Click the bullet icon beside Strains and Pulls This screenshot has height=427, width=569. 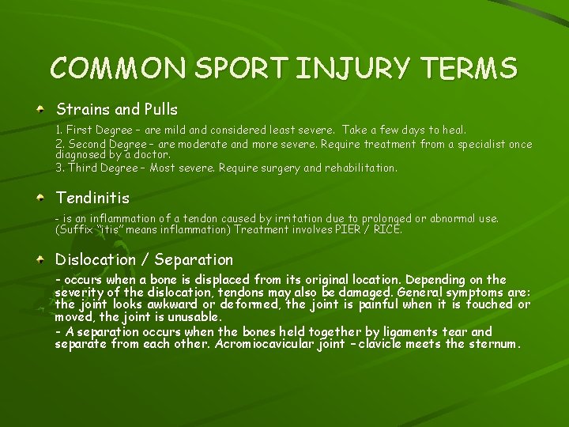(x=40, y=109)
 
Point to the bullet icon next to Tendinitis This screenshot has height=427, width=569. (x=40, y=197)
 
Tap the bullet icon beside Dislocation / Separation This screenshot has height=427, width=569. (x=40, y=259)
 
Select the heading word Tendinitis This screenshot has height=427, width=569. (x=92, y=197)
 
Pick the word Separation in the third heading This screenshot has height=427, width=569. (x=194, y=259)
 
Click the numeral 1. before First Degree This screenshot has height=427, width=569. (x=59, y=129)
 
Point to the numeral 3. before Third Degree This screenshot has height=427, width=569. (x=59, y=168)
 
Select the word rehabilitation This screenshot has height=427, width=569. (x=358, y=168)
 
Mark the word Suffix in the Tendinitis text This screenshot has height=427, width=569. (x=77, y=230)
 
